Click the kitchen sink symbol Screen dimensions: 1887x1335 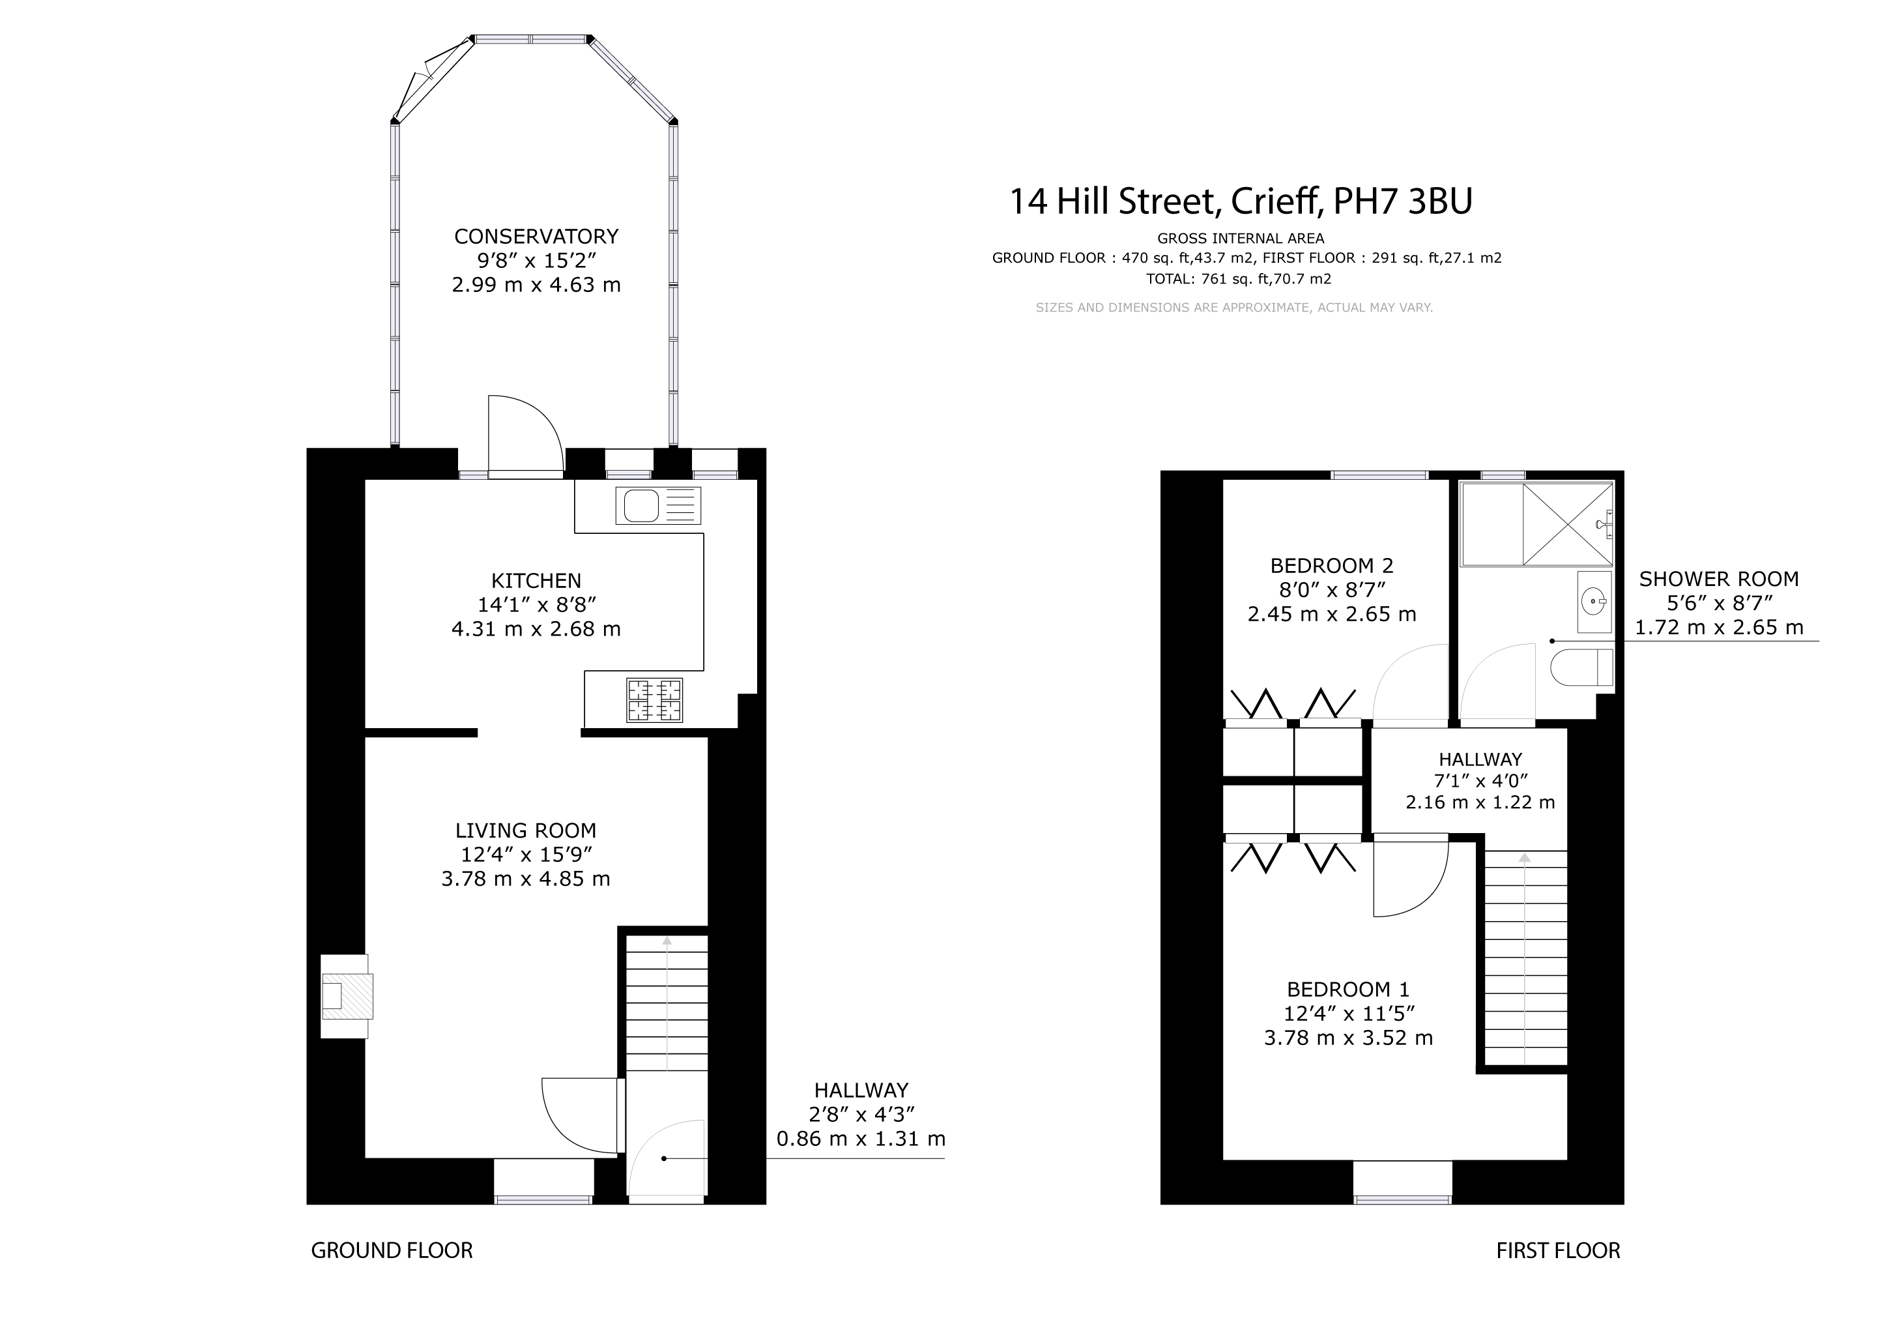(x=658, y=506)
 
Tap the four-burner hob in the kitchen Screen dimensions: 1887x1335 (x=655, y=699)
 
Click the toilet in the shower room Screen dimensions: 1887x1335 (x=1582, y=667)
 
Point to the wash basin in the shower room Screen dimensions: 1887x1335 (x=1594, y=602)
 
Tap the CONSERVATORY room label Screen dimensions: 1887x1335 (x=536, y=237)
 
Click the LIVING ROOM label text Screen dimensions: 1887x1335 (x=526, y=830)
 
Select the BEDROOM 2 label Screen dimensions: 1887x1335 (x=1331, y=566)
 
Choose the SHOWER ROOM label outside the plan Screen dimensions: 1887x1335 (x=1718, y=579)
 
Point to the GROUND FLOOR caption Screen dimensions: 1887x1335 (x=392, y=1250)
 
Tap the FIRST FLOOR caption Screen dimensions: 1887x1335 (x=1558, y=1250)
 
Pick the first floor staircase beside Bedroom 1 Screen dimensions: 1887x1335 (x=1525, y=958)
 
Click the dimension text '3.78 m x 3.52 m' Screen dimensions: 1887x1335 (x=1348, y=1038)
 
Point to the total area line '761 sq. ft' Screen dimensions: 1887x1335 (x=1239, y=279)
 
